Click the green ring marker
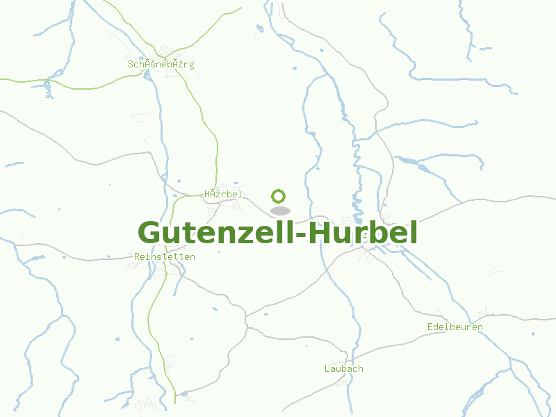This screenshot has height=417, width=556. pos(279,195)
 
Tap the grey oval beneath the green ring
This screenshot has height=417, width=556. pos(279,211)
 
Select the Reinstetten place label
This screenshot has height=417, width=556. pos(164,257)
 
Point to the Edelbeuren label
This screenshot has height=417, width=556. pos(455,327)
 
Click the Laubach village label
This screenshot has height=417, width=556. pos(343,368)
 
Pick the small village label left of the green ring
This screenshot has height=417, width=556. pos(223,194)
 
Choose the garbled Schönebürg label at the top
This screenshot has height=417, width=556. pos(161,65)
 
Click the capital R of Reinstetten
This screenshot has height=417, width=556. pos(136,257)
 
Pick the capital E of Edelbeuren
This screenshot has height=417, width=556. pos(430,327)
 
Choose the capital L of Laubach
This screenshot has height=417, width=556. pos(327,368)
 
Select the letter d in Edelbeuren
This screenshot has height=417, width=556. pos(436,327)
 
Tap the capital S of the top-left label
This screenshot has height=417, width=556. pos(131,65)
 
